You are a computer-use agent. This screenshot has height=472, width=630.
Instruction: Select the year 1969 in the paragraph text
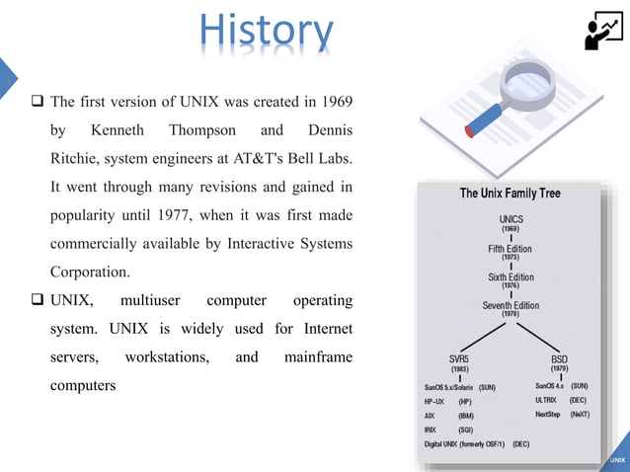tap(335, 102)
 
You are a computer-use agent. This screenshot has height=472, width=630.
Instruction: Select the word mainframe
tap(318, 355)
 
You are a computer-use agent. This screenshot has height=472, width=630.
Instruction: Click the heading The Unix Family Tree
tap(510, 194)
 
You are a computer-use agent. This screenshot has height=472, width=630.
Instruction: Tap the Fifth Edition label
tap(510, 249)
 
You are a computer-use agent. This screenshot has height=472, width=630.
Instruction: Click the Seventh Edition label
tap(510, 305)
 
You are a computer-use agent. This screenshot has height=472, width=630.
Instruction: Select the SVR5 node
tap(460, 359)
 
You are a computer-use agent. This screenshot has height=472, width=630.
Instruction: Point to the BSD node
tap(559, 359)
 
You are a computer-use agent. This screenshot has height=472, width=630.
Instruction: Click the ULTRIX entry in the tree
tap(547, 400)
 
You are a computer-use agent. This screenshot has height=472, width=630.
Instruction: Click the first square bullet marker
tap(38, 103)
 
